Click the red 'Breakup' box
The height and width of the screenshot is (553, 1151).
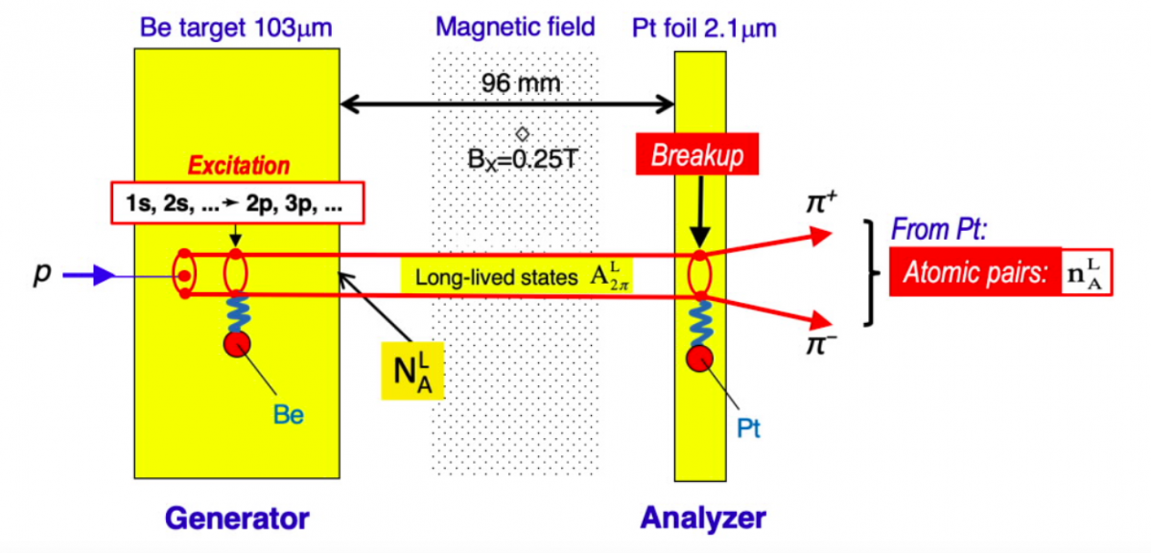point(697,157)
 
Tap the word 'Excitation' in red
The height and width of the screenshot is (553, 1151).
point(238,165)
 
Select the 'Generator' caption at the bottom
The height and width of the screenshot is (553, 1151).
point(237,518)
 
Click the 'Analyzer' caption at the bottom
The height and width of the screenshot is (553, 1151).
point(703,518)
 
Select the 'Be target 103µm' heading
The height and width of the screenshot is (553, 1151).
point(236,28)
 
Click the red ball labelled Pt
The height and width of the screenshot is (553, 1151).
point(701,358)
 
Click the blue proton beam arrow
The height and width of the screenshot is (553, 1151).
point(89,276)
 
